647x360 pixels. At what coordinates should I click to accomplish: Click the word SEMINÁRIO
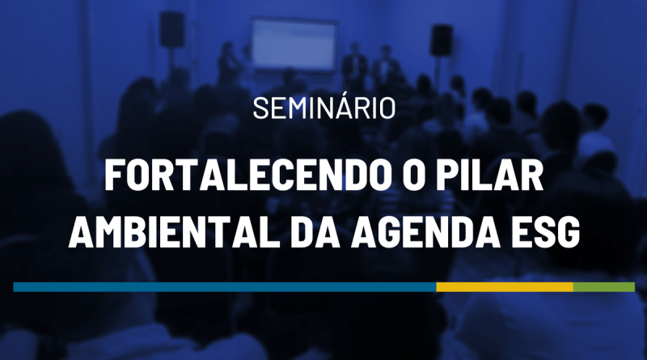324,108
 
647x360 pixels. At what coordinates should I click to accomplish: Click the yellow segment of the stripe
505,287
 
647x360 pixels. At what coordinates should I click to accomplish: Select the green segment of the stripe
603,287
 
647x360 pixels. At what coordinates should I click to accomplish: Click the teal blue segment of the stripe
225,287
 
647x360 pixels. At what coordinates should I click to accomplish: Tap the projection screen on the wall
294,44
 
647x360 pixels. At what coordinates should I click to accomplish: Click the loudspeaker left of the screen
171,29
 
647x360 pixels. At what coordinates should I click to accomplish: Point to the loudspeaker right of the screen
442,40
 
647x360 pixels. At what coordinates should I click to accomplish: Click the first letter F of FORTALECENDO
114,176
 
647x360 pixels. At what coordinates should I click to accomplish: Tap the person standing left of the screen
228,62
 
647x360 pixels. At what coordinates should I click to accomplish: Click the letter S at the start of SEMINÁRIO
260,108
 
